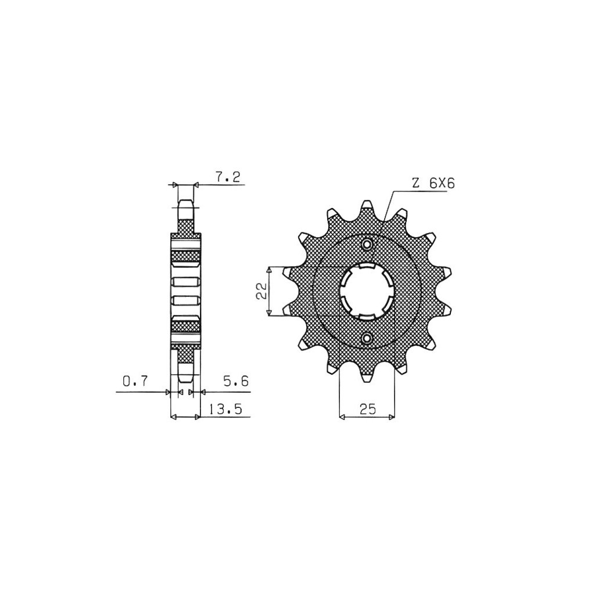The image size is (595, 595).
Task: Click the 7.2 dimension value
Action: (x=227, y=177)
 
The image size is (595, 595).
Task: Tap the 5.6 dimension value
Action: (x=236, y=381)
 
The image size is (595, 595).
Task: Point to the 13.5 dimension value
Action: (x=225, y=410)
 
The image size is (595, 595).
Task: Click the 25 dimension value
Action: (x=367, y=409)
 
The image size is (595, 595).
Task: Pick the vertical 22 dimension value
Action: (x=261, y=291)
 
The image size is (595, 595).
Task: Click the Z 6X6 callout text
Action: (x=433, y=184)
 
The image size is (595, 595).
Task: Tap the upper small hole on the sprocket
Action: (x=367, y=244)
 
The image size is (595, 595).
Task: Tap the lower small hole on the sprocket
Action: (x=367, y=338)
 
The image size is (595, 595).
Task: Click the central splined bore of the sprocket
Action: (x=367, y=291)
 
